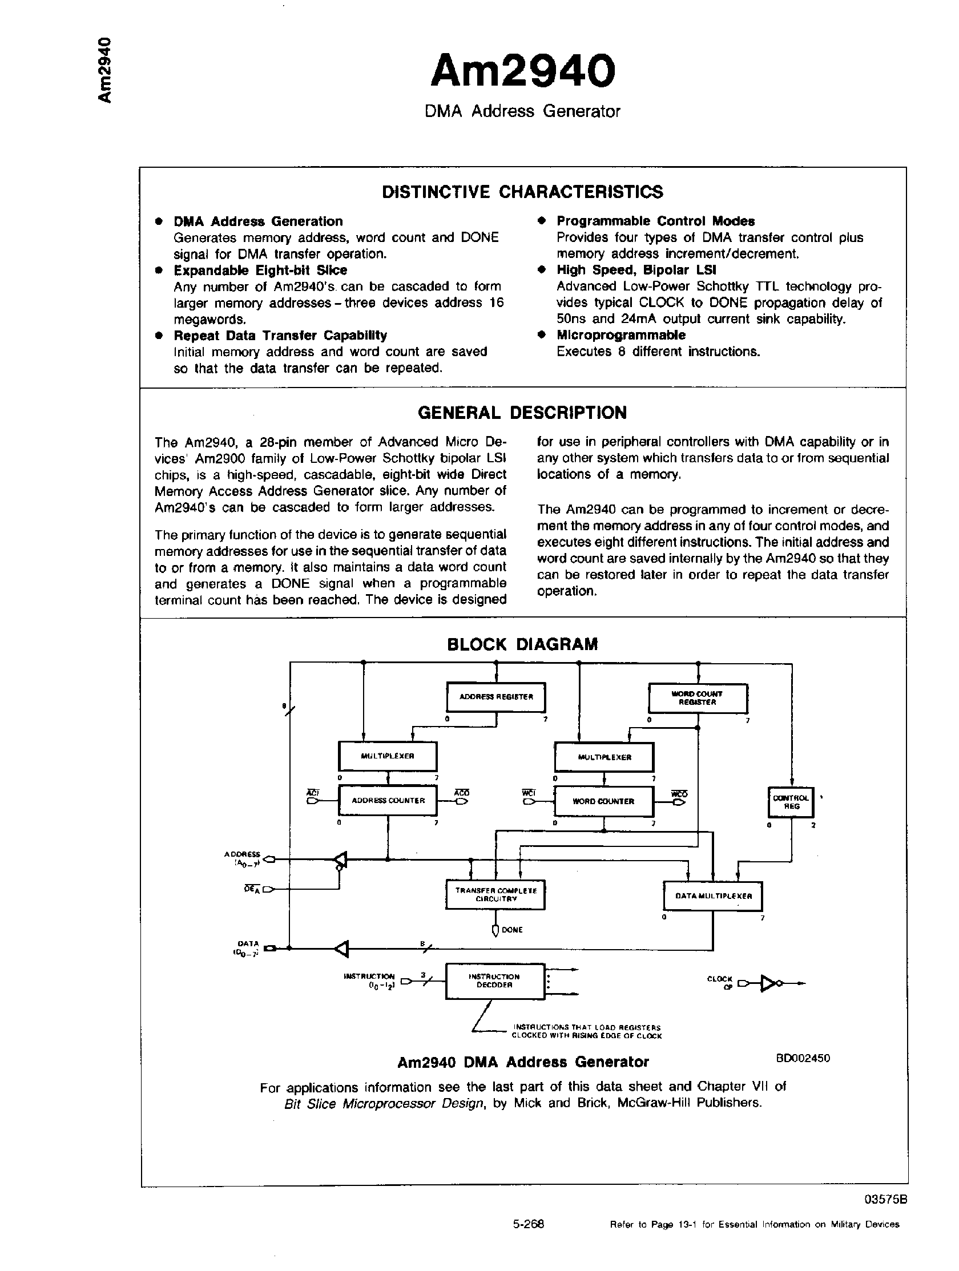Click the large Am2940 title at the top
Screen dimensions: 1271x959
522,71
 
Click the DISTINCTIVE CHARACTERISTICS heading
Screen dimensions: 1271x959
522,192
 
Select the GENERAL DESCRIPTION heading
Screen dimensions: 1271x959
522,413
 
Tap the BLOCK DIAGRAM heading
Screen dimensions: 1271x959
522,644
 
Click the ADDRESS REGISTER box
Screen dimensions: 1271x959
496,697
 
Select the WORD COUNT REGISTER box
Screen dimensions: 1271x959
698,698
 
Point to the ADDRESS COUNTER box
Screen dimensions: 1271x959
388,800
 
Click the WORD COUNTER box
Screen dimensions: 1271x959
603,801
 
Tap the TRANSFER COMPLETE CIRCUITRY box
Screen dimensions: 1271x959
495,895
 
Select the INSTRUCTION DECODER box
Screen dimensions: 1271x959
494,981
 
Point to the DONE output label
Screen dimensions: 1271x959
511,930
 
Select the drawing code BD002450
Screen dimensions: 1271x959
803,1058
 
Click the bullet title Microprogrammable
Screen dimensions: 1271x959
620,335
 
